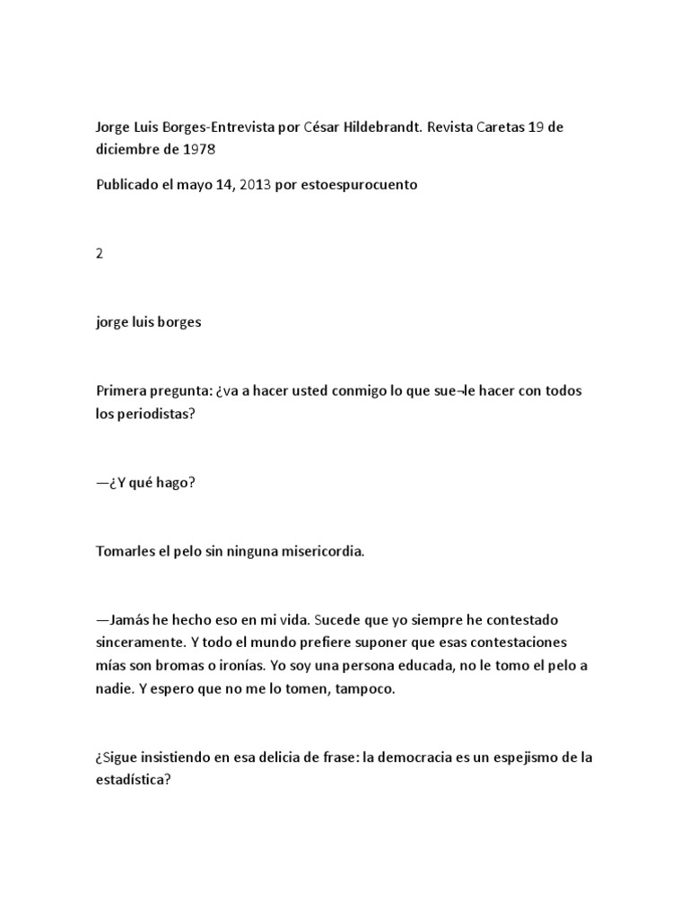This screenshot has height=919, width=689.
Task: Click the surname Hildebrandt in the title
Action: [x=380, y=127]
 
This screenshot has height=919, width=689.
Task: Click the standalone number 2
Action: [x=100, y=253]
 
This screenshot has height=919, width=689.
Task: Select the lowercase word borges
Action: [x=180, y=322]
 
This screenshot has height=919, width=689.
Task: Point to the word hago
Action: [x=176, y=482]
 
